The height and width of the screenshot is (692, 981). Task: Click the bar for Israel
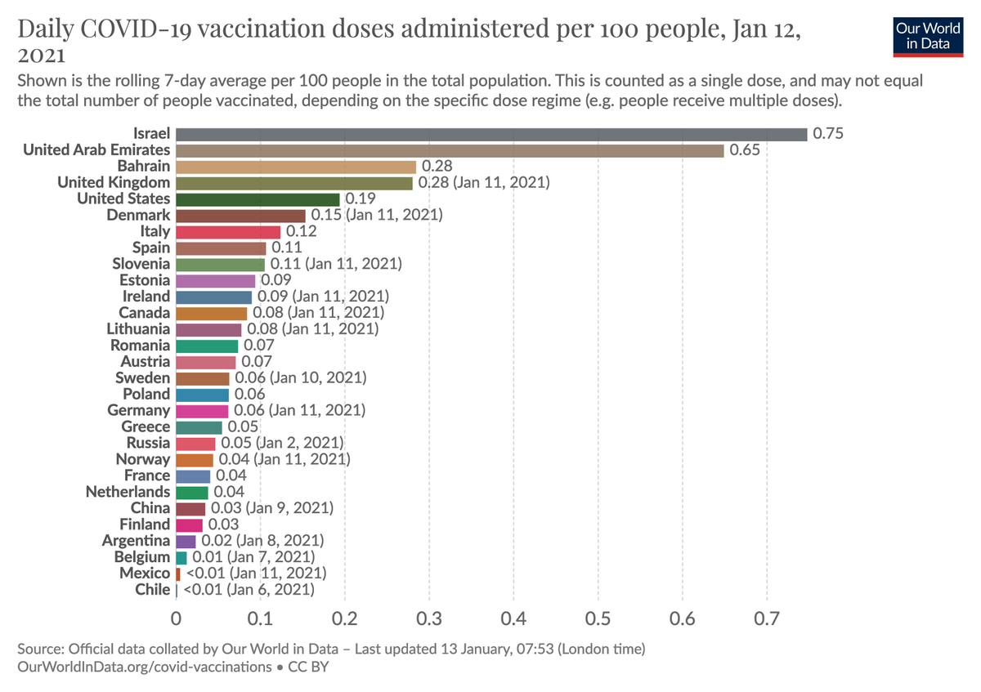tap(490, 134)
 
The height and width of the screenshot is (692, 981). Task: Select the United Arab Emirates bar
tap(450, 150)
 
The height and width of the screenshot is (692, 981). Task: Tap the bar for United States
tap(258, 199)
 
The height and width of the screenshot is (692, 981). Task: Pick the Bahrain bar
tap(296, 167)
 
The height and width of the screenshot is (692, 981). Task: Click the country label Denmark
tap(138, 215)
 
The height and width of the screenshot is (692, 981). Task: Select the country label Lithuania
tap(138, 329)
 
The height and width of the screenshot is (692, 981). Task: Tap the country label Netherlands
tap(128, 492)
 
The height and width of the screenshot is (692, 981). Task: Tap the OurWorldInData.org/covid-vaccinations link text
tap(144, 667)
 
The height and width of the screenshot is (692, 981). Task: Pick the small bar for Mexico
tap(177, 574)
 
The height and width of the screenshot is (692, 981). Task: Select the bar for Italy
tap(228, 231)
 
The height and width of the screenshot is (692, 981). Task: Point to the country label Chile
tap(151, 589)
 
